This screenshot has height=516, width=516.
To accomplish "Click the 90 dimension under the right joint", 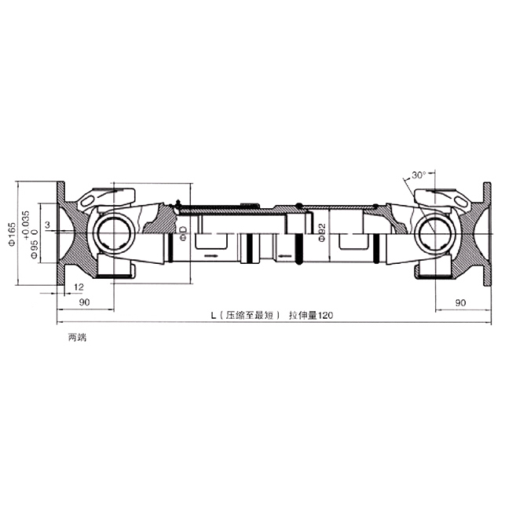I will point(461,302).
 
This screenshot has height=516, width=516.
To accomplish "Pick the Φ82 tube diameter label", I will point(322,233).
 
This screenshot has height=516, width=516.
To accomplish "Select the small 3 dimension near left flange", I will point(48,225).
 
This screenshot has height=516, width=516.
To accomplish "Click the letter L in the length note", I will point(214,315).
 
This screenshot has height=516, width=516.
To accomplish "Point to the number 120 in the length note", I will point(326,315).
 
